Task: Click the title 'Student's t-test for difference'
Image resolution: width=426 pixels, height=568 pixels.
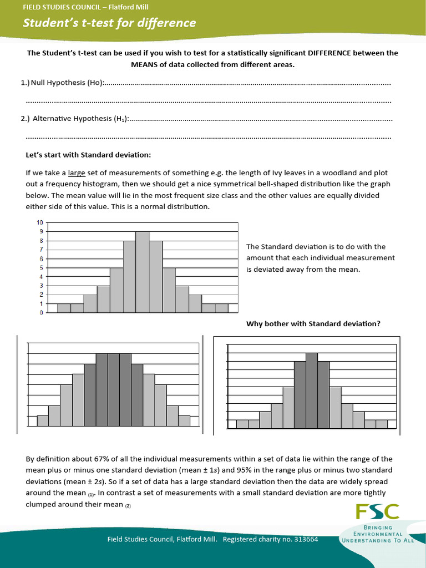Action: click(x=109, y=23)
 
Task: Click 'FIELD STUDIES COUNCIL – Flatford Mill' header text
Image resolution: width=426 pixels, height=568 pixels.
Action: click(x=85, y=7)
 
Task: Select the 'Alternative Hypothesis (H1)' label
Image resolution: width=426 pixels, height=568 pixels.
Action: click(x=80, y=119)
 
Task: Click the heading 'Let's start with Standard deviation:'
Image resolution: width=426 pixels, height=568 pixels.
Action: click(x=88, y=155)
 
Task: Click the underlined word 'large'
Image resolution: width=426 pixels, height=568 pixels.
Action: click(x=77, y=173)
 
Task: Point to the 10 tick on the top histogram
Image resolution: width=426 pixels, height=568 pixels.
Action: click(x=39, y=223)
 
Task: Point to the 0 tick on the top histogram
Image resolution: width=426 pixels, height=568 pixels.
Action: click(x=41, y=313)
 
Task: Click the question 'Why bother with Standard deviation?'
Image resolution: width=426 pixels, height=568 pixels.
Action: click(x=313, y=324)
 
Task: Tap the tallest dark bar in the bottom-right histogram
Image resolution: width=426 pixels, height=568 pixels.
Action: click(x=312, y=390)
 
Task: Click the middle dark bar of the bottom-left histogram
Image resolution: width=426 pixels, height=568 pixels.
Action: click(x=114, y=389)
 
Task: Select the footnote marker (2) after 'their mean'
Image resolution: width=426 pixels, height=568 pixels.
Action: click(x=128, y=505)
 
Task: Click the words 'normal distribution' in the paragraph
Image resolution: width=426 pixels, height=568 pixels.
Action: click(x=176, y=206)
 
